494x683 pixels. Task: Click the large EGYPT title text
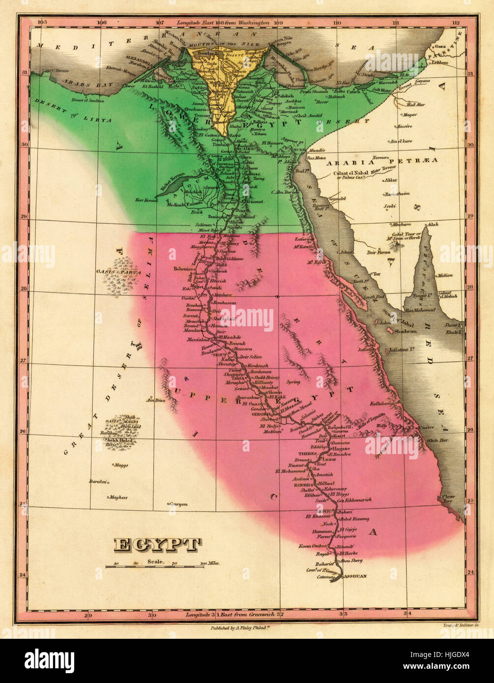tap(158, 545)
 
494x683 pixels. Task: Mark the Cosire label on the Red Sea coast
tap(426, 427)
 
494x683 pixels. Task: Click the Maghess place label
tap(118, 497)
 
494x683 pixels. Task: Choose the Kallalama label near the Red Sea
tap(382, 403)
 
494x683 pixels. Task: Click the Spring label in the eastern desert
tap(293, 382)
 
